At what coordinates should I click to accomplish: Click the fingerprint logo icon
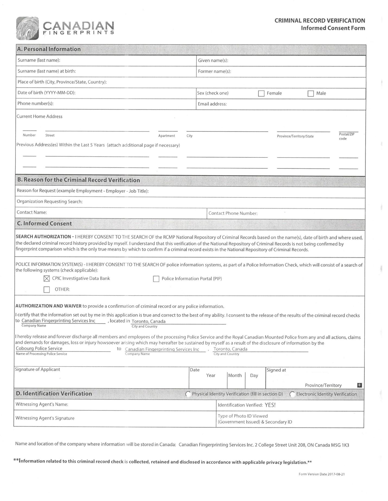point(27,28)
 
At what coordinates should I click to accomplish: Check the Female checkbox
point(261,93)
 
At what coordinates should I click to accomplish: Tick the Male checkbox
point(311,93)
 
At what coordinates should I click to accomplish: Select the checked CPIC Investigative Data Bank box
point(47,278)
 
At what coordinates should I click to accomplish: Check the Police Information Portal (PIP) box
point(156,279)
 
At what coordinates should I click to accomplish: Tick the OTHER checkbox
point(47,289)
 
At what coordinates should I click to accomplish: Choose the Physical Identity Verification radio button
point(188,394)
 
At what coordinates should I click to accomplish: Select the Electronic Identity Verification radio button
point(292,394)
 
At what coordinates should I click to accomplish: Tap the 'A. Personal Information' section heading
point(49,49)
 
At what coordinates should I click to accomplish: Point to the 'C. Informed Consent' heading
point(44,224)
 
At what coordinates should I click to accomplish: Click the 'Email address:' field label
point(212,104)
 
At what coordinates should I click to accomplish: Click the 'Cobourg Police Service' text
point(39,348)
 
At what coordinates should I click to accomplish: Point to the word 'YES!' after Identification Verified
point(270,405)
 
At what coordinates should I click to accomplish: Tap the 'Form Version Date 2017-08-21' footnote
point(321,474)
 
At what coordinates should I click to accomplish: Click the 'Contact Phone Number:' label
point(233,213)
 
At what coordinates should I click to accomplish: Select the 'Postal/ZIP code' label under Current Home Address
point(346,136)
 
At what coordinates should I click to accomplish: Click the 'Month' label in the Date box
point(235,375)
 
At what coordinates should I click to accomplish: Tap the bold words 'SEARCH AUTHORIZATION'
point(43,237)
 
